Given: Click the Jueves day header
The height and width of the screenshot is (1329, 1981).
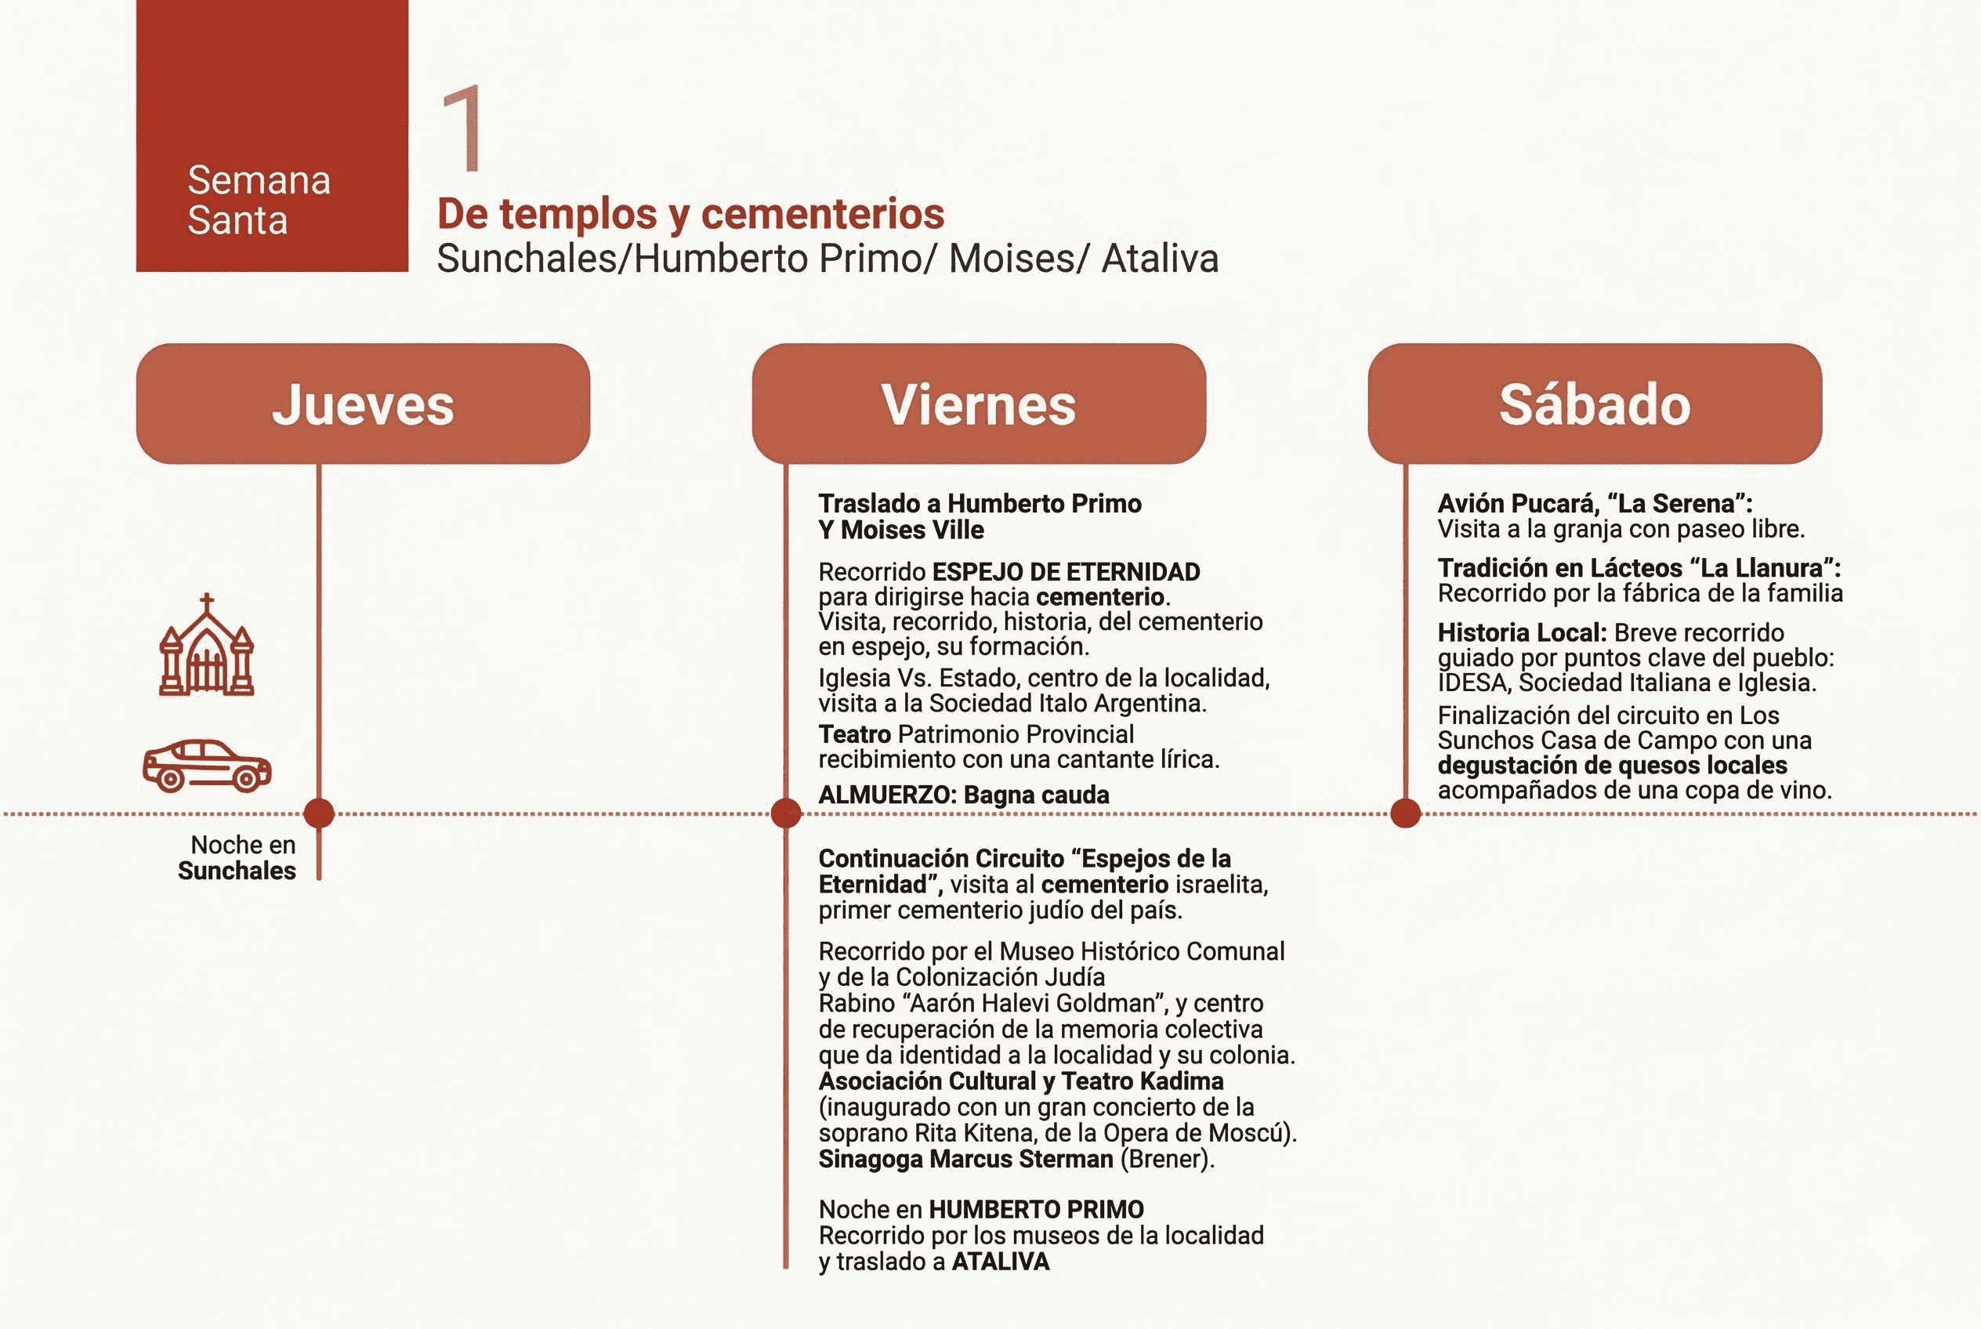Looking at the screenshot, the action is pos(363,404).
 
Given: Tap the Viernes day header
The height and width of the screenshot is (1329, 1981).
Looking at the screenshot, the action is pos(978,404).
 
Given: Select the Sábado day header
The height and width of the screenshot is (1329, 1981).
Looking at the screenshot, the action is pos(1595,404).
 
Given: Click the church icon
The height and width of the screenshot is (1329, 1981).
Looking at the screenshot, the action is pos(207,646).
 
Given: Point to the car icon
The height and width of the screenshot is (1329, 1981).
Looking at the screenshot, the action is pos(207,766).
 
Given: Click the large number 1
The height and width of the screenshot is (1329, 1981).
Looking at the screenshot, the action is pos(463,128).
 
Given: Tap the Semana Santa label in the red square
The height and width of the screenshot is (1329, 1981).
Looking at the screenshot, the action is pos(258,200).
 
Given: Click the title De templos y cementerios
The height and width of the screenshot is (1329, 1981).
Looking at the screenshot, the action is pos(690,214).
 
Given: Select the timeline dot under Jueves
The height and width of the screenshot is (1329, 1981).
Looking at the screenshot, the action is pos(319,813).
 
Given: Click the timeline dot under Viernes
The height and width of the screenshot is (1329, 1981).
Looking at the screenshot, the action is pos(786,813).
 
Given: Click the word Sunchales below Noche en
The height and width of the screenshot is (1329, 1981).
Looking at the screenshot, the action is pos(237,871).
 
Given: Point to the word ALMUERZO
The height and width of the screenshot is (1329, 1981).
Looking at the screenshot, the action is pos(885,795).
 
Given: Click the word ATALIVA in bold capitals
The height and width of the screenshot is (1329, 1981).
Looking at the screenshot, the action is pos(1000,1261).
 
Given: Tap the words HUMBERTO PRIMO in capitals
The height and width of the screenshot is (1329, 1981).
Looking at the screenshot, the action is pos(1036,1209).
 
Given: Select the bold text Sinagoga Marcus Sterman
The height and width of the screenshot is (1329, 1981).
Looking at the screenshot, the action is pos(965,1159).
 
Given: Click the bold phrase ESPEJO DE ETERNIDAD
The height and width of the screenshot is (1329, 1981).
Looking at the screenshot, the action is pos(1066,572).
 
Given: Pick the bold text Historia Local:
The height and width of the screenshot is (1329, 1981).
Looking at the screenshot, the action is pos(1522,632).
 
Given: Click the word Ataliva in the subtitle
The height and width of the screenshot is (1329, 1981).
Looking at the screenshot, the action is pos(1160,259).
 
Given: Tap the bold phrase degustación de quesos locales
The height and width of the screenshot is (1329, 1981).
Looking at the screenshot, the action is pos(1611,766).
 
